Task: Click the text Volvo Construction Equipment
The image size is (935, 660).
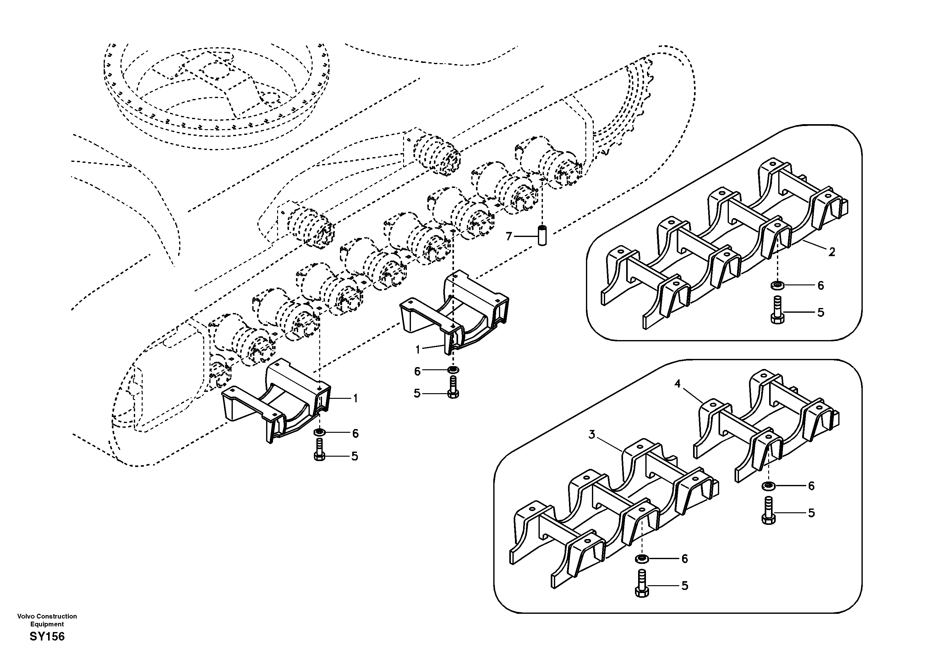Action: click(47, 620)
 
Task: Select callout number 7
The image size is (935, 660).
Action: click(508, 236)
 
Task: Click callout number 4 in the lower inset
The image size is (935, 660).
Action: click(677, 384)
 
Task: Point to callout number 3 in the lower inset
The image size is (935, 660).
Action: click(592, 435)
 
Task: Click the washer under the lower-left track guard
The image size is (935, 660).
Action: click(320, 432)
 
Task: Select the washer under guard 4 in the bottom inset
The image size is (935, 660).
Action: click(768, 486)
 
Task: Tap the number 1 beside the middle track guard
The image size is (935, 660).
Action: click(418, 349)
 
